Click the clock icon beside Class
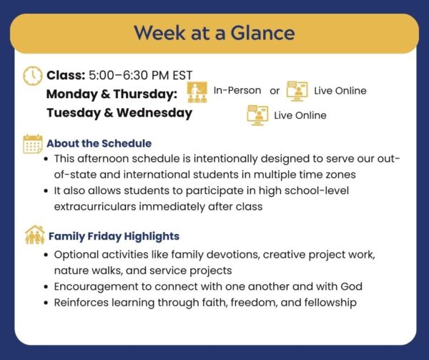[33, 76]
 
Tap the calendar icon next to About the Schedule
[33, 144]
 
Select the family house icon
[35, 235]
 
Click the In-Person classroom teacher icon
[197, 92]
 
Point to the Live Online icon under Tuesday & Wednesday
[257, 115]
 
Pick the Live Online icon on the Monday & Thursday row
[297, 91]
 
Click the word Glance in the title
[262, 33]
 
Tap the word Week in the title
[159, 33]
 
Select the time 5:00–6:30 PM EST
[141, 75]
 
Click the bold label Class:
[66, 75]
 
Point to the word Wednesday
[154, 113]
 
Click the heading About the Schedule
[99, 143]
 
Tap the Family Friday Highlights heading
[114, 236]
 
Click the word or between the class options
[275, 91]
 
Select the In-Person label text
[237, 90]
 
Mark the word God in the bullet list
[351, 286]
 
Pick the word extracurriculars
[95, 207]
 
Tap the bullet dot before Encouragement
[46, 287]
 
